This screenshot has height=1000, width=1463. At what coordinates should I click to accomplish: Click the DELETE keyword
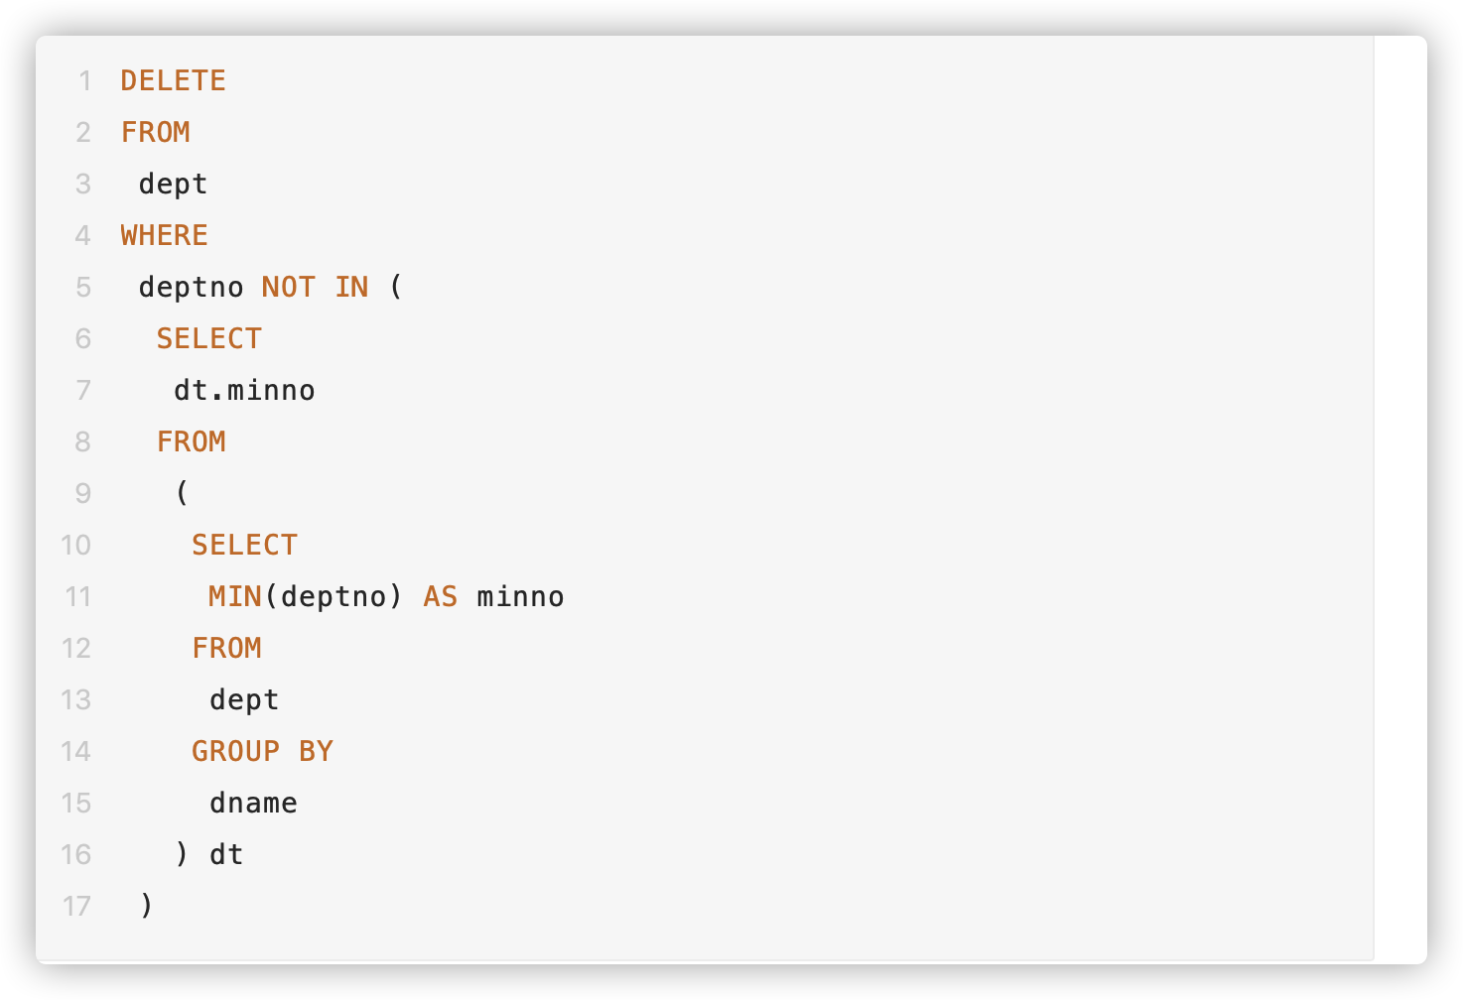173,80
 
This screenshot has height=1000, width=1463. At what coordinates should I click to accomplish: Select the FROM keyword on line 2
155,132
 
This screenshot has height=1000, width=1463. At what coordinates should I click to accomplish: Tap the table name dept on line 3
173,184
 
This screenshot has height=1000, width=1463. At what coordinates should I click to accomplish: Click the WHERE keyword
164,235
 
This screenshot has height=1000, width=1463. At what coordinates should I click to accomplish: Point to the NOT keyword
288,287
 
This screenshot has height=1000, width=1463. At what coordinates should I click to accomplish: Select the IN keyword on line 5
351,287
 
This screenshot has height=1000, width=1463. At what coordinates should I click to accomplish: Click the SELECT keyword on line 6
208,338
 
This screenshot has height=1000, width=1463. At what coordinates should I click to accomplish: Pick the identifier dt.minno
244,390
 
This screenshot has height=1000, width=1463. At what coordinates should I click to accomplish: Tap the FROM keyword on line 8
191,441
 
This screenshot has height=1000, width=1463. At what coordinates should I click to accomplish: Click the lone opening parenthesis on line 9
182,493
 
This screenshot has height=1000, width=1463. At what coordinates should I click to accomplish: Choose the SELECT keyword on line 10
244,545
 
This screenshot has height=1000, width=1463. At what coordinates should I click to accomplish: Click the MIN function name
234,596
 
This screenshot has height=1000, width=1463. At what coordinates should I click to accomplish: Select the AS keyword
441,596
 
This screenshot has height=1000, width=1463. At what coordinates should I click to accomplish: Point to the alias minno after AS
520,596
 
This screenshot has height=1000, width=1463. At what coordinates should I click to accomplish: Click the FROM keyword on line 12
226,648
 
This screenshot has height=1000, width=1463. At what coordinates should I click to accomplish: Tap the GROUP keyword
235,751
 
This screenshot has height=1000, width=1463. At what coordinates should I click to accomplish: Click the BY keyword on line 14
316,751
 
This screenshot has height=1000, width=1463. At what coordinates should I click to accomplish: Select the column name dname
253,803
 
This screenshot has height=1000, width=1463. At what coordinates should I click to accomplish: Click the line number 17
76,906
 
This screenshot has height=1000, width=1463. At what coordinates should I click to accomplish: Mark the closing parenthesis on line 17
147,906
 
